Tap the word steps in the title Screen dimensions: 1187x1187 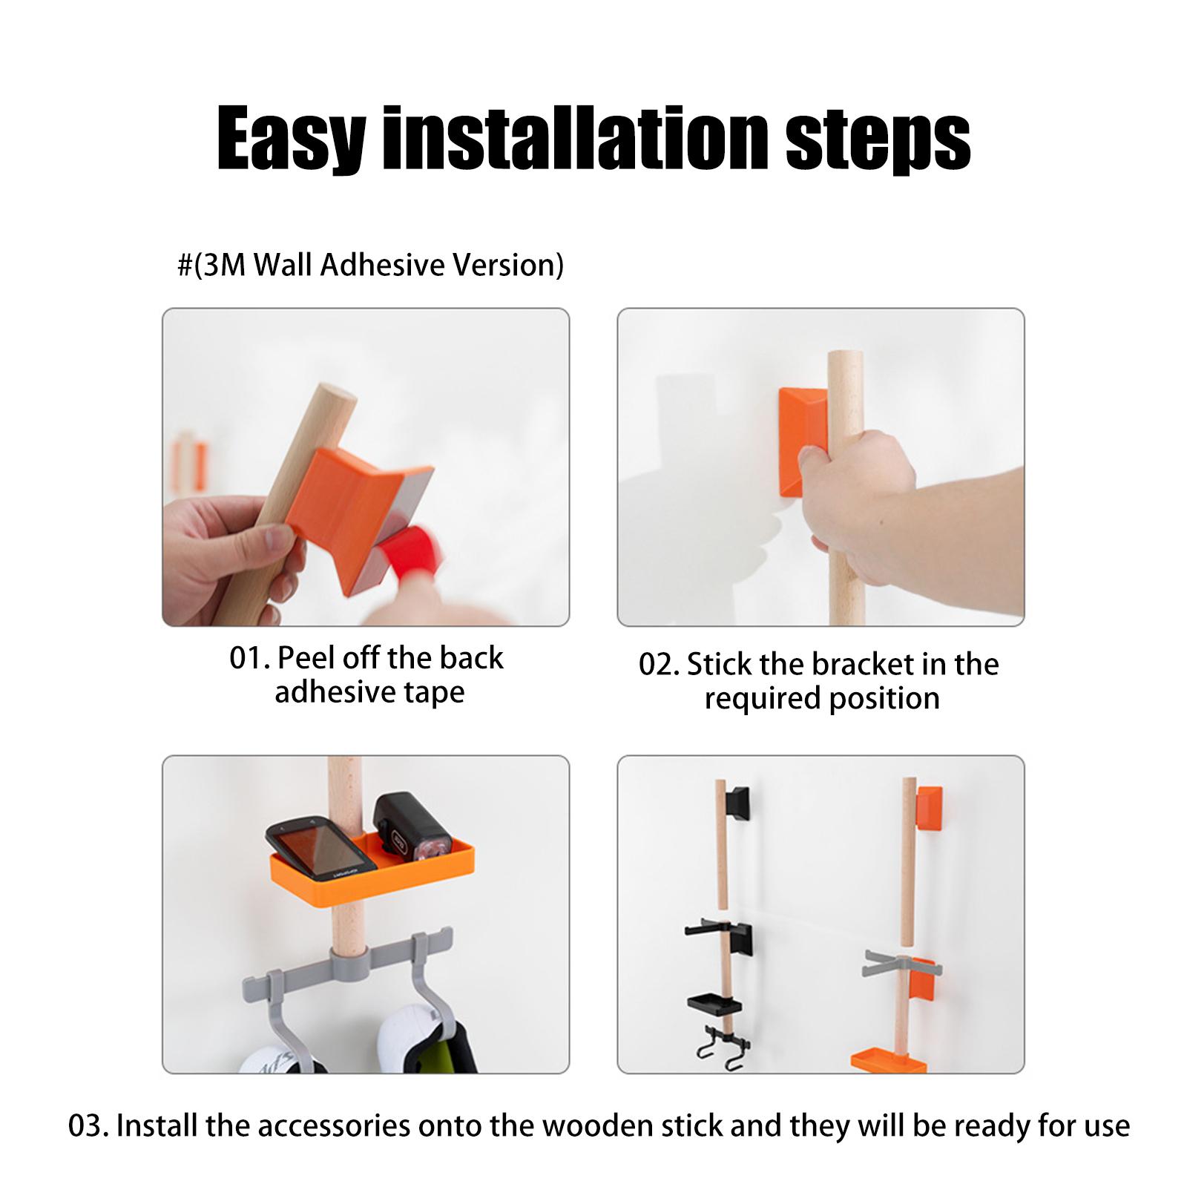click(878, 139)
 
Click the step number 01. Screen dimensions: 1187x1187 click(249, 658)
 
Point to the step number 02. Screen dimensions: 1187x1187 click(659, 665)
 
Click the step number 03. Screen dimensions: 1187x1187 click(88, 1126)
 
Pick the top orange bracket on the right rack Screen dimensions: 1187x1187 click(930, 809)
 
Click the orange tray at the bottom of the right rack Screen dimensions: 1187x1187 click(887, 1060)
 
